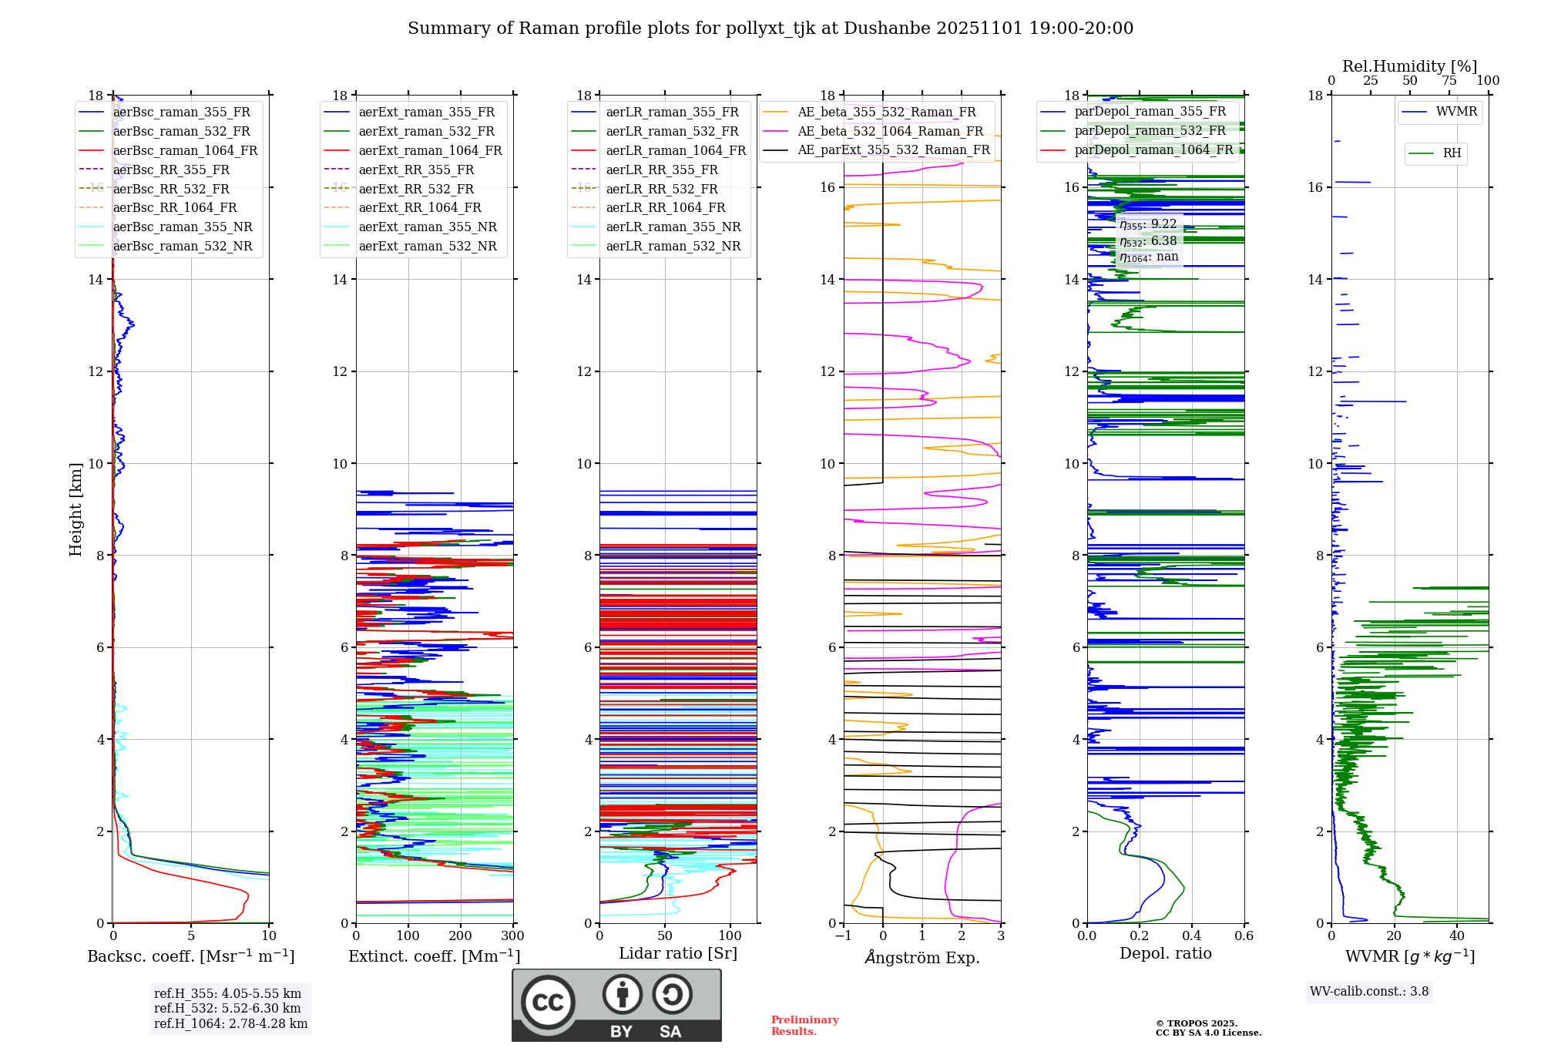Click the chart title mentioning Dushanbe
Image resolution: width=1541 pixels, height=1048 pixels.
tap(770, 29)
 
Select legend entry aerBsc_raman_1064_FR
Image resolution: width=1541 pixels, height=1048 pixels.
tap(185, 150)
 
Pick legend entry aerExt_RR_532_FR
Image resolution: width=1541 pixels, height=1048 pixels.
tap(416, 189)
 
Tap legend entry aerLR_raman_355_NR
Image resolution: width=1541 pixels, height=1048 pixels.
tap(673, 227)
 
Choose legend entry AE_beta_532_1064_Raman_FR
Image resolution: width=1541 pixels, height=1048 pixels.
tap(890, 131)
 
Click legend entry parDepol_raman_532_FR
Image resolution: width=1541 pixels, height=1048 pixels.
tap(1150, 131)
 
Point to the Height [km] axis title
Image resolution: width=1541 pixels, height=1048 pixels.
tap(76, 509)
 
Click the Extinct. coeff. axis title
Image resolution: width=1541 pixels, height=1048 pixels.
tap(434, 956)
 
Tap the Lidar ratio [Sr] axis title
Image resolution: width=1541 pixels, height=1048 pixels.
tap(677, 953)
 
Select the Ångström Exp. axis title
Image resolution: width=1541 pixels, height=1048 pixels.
tap(922, 957)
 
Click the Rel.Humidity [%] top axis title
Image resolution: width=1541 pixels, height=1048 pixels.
tap(1409, 66)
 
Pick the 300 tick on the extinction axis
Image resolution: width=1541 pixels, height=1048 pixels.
tap(512, 936)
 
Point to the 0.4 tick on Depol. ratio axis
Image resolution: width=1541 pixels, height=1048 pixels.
tap(1191, 936)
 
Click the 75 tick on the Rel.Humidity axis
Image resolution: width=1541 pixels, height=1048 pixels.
tap(1449, 81)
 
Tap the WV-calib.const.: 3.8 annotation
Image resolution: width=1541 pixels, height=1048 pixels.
tap(1369, 992)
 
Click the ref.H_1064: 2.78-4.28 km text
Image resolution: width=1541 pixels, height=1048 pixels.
tap(230, 1024)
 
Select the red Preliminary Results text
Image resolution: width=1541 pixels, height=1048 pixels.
tap(804, 1026)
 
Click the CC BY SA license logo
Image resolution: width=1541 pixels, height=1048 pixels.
tap(616, 1006)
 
